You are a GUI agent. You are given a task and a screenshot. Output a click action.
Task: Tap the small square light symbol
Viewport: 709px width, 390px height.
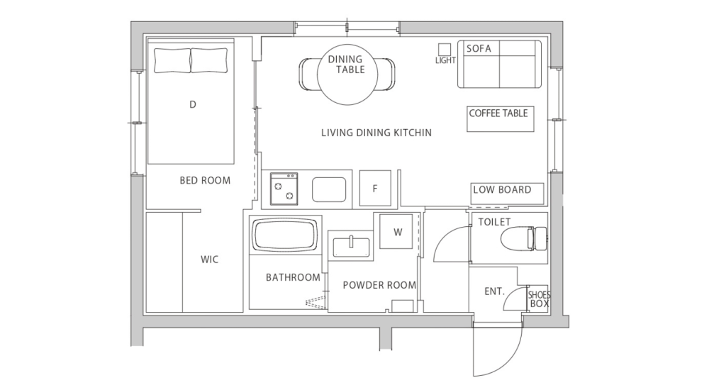tap(445, 49)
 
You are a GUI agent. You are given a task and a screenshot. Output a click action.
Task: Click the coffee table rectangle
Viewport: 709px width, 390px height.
tap(498, 118)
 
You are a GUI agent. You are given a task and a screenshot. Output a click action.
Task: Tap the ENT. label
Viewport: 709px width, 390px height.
tap(494, 291)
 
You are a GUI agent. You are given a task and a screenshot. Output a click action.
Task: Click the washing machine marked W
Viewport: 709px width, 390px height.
tap(397, 231)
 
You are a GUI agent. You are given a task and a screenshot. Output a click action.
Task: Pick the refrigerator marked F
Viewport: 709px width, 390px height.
tap(376, 189)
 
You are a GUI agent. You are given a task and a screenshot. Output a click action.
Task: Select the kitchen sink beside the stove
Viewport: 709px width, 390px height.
tap(329, 189)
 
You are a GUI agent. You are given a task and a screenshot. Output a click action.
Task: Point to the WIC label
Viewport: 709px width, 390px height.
tap(210, 260)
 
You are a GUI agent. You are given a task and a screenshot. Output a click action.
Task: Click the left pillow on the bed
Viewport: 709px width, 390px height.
tap(172, 60)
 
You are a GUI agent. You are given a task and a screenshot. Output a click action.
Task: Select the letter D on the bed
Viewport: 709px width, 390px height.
tap(192, 105)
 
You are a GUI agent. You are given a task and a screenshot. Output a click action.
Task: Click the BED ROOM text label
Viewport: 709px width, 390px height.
tap(205, 181)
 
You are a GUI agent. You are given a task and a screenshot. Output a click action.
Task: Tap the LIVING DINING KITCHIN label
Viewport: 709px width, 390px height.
tap(376, 133)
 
